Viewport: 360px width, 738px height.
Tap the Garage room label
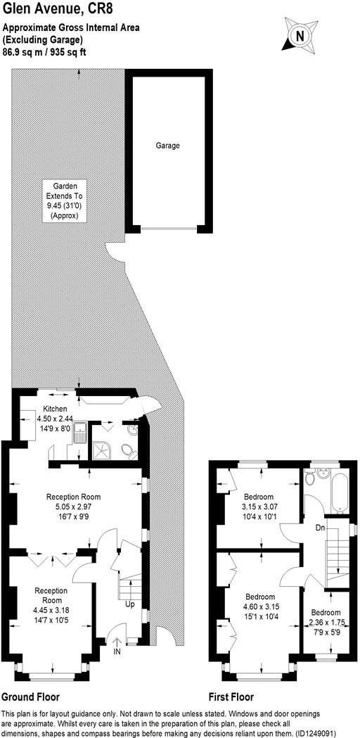click(x=168, y=146)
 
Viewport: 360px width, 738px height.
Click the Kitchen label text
click(x=55, y=409)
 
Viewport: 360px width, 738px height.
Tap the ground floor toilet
click(x=127, y=450)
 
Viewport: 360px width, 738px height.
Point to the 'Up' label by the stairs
click(x=129, y=604)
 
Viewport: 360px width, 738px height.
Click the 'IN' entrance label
click(x=116, y=653)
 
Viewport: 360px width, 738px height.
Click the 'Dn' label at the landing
click(x=319, y=527)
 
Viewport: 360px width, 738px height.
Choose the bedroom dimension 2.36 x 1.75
click(x=326, y=622)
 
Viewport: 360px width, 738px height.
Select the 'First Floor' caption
click(x=231, y=697)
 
